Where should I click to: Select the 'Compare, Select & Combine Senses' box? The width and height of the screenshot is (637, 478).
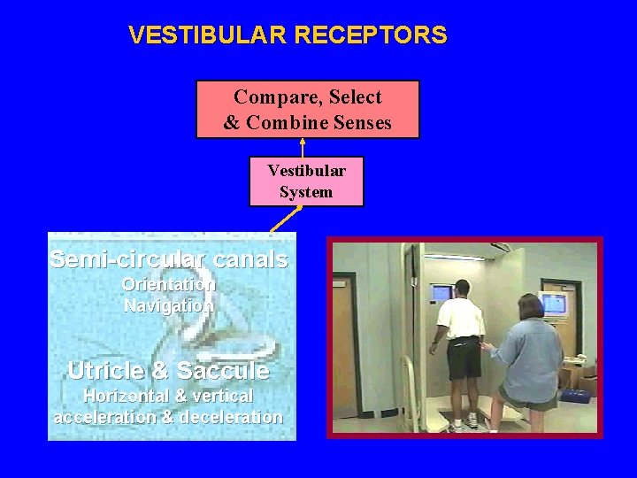(x=307, y=109)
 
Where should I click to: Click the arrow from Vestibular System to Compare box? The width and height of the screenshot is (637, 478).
(x=303, y=147)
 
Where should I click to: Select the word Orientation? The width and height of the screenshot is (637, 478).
(x=168, y=285)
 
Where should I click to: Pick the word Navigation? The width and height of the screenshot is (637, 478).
(x=168, y=305)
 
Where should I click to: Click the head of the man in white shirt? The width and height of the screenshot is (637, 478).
(x=461, y=289)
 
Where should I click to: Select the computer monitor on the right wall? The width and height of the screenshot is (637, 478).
(x=553, y=304)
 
